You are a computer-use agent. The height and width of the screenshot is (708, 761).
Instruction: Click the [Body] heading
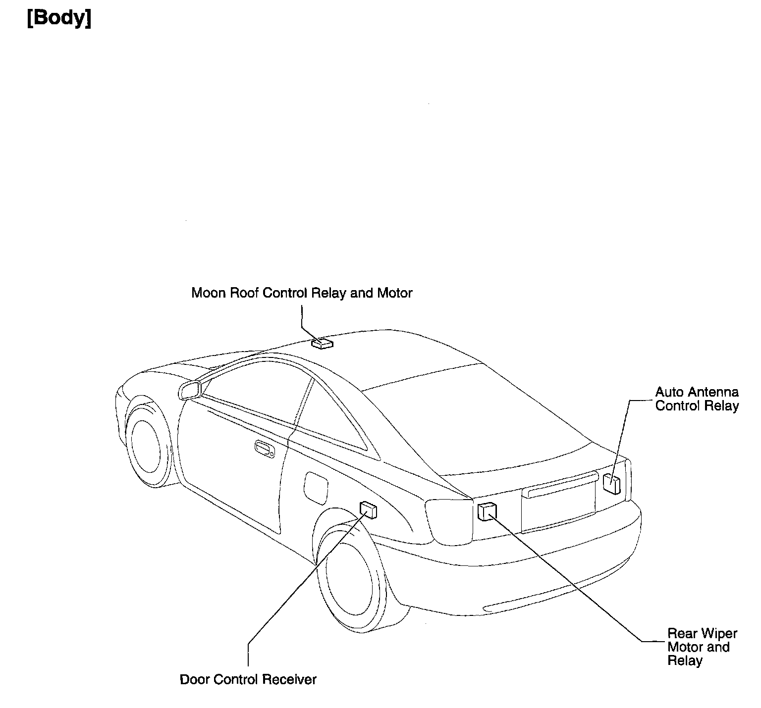[x=59, y=18]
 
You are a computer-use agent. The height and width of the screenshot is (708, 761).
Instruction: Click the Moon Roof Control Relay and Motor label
[x=302, y=293]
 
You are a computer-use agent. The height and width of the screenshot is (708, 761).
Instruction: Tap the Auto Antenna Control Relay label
[x=697, y=399]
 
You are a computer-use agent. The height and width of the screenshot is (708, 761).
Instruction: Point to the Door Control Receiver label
[x=248, y=679]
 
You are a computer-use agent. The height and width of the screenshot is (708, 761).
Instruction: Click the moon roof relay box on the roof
[x=322, y=343]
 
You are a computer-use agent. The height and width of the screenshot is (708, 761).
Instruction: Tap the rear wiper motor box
[x=487, y=511]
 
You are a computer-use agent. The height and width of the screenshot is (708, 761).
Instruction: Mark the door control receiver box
[x=368, y=509]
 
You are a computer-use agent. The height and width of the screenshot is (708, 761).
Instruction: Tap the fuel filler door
[x=315, y=485]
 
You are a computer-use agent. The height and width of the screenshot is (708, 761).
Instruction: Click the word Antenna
[x=718, y=392]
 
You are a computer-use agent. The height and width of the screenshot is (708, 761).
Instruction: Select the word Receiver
[x=289, y=679]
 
